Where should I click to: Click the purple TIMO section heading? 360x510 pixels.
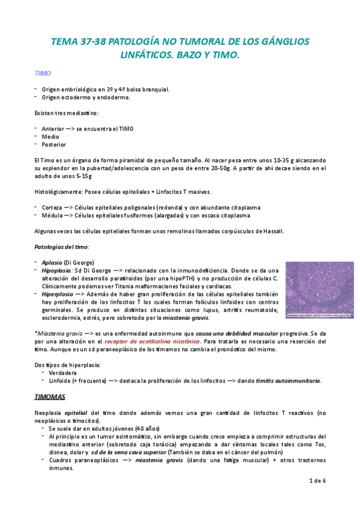click(x=42, y=73)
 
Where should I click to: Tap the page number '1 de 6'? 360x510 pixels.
click(x=317, y=481)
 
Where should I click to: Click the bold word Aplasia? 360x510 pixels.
click(x=52, y=263)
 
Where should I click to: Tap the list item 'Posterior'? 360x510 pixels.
click(x=54, y=144)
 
